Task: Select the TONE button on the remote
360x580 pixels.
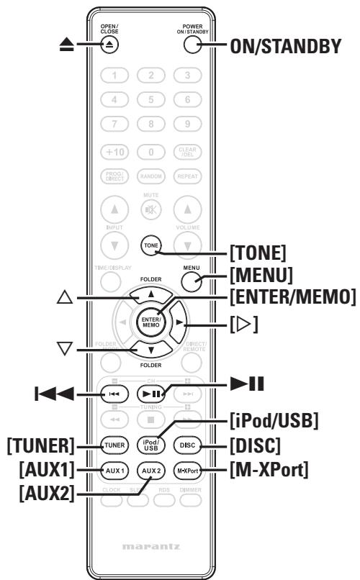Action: [149, 245]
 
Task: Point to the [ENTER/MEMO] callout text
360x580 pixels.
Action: [292, 297]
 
